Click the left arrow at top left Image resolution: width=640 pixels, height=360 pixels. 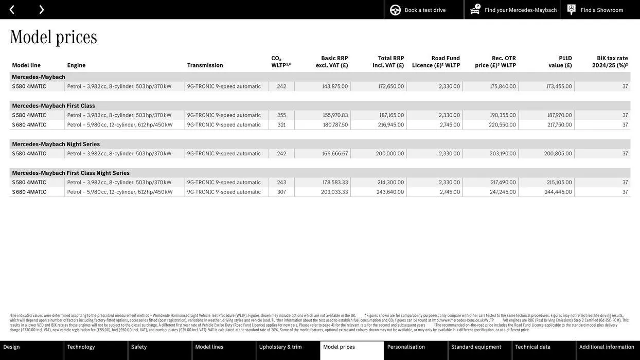pyautogui.click(x=12, y=9)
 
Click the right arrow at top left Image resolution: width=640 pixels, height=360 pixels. pyautogui.click(x=41, y=9)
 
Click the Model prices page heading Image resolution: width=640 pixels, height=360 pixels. pyautogui.click(x=54, y=37)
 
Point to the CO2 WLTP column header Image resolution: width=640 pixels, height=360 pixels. pyautogui.click(x=280, y=62)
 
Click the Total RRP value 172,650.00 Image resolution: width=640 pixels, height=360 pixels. pyautogui.click(x=391, y=86)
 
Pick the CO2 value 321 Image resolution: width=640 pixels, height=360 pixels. pyautogui.click(x=281, y=125)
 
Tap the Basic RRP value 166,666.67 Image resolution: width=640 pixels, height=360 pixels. pyautogui.click(x=335, y=154)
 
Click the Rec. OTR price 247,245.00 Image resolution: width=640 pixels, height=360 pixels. pyautogui.click(x=503, y=192)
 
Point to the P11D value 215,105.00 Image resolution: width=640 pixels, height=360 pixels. pyautogui.click(x=559, y=183)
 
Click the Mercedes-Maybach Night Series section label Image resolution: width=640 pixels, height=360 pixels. pyautogui.click(x=56, y=145)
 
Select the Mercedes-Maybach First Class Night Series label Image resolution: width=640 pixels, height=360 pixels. pyautogui.click(x=71, y=173)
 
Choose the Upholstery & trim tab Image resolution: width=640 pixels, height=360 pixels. pyautogui.click(x=280, y=347)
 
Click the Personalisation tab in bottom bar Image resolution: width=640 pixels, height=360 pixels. pyautogui.click(x=406, y=347)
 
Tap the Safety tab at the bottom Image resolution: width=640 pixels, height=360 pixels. pyautogui.click(x=139, y=347)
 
